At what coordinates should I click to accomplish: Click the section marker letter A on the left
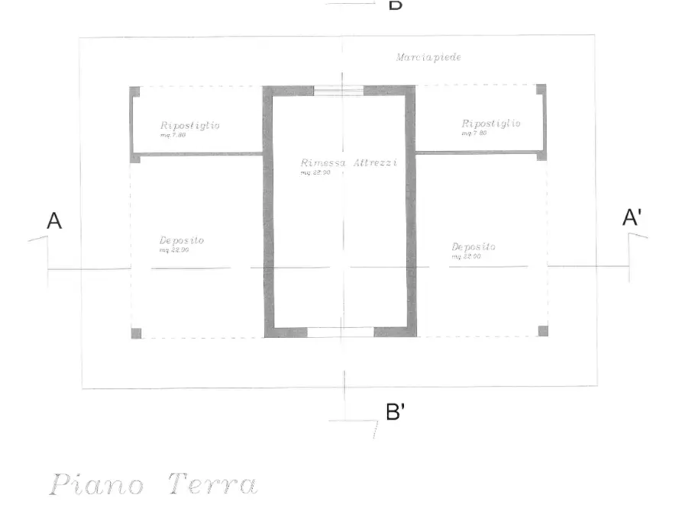coord(54,221)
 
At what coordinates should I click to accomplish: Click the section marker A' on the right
coord(632,218)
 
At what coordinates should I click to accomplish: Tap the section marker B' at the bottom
coord(395,413)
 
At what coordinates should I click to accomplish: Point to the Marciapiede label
coord(428,57)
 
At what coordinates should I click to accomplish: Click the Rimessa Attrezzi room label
coord(349,163)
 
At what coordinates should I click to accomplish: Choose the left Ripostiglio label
coord(190,126)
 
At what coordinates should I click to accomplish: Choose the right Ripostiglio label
coord(491,124)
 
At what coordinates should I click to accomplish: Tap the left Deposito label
coord(182,241)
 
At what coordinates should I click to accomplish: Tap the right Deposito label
coord(474,247)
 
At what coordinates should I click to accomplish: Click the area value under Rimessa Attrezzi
coord(315,173)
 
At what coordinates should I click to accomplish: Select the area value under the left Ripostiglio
coord(172,135)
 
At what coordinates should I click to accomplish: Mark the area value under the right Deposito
coord(466,257)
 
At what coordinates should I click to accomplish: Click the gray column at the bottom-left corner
coord(136,333)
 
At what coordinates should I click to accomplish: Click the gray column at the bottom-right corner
coord(543,331)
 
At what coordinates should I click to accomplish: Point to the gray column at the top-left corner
coord(134,92)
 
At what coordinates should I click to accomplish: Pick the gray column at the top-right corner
coord(541,89)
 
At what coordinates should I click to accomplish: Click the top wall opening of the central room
coord(338,91)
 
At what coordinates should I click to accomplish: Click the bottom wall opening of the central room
coord(340,332)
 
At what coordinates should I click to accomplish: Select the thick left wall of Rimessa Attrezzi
coord(268,214)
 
